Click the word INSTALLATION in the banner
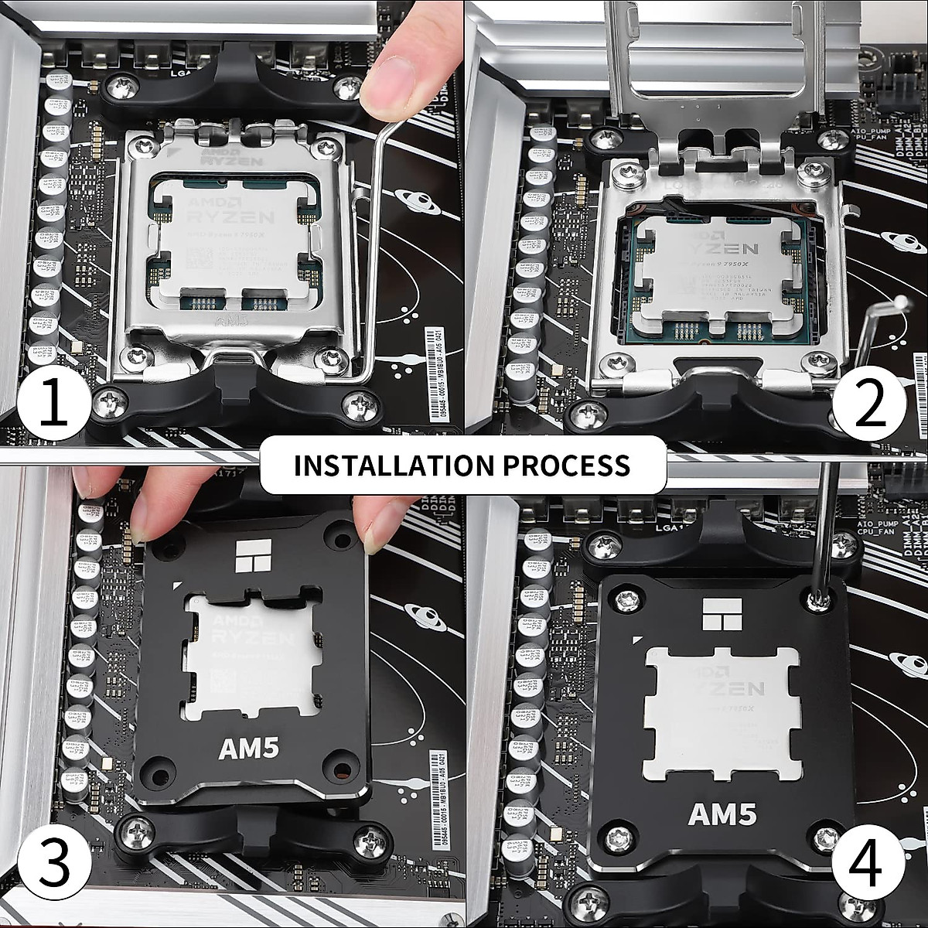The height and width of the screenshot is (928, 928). [x=393, y=465]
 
